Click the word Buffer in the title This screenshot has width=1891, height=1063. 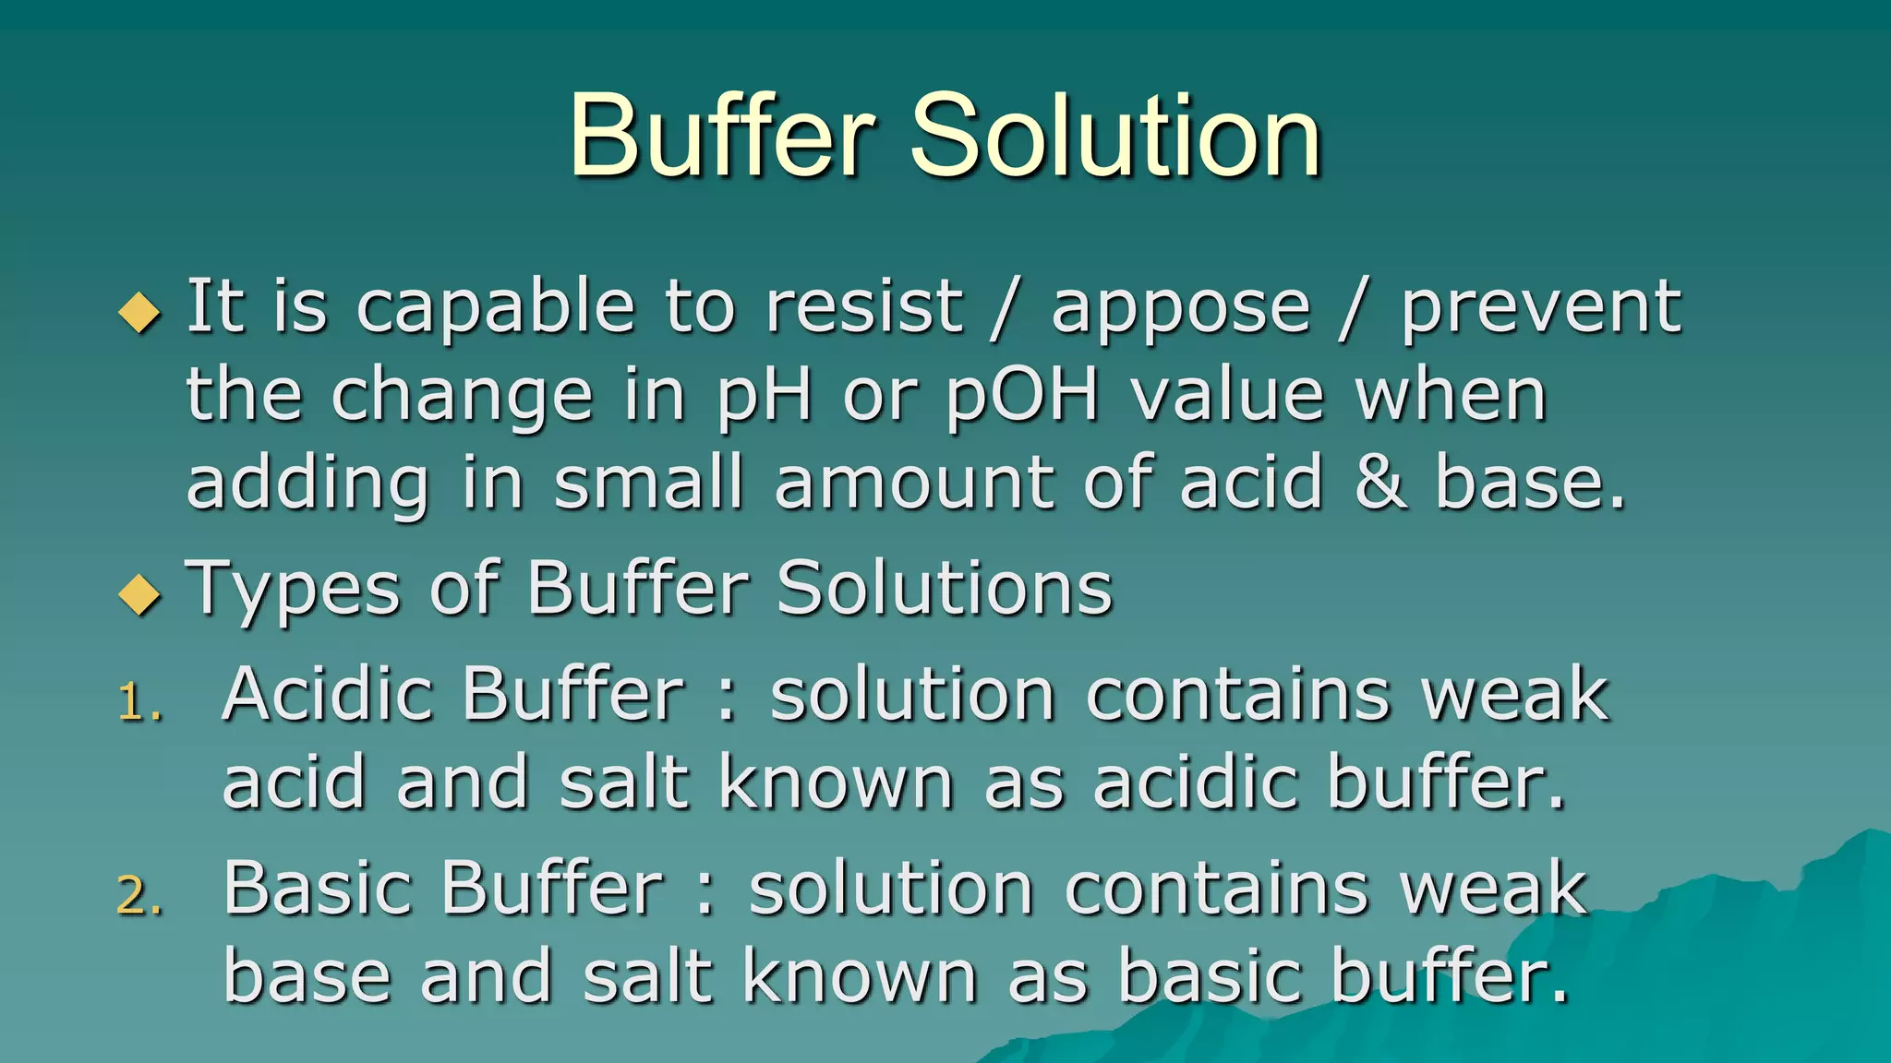[721, 136]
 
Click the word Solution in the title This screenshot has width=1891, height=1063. [1116, 136]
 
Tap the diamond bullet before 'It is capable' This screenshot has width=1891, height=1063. [140, 311]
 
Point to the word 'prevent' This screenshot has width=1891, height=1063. [1541, 307]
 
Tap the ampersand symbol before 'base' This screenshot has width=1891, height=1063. [1381, 484]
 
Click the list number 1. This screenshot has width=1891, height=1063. [139, 703]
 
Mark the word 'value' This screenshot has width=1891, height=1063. [1229, 395]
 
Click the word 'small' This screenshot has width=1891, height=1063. [649, 483]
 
